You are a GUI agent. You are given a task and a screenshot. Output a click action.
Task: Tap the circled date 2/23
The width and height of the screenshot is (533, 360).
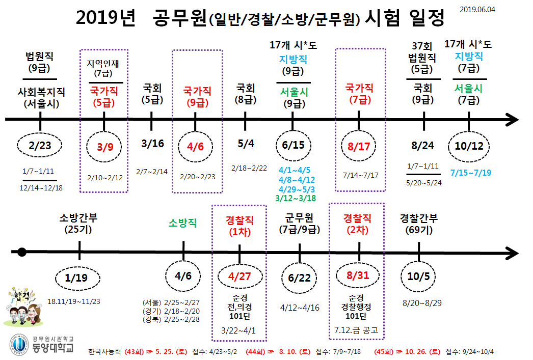point(40,147)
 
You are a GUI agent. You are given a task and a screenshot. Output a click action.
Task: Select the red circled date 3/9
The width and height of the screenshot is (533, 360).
point(105,147)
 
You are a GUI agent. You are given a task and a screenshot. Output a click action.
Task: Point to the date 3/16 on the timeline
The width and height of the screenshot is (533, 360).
point(153,144)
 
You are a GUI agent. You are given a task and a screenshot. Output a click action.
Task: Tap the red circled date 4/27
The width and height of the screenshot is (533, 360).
point(239,277)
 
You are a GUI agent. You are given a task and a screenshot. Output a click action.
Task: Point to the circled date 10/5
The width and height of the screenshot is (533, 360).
point(419,276)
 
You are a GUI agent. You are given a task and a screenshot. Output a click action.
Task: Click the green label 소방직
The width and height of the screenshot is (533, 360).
point(183,223)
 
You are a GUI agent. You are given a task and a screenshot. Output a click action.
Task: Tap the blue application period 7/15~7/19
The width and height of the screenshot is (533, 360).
point(471,173)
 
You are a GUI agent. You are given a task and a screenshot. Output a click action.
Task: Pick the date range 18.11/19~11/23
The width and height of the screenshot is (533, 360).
point(73,301)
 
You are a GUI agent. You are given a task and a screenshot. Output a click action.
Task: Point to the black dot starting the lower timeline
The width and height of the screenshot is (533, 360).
point(21,252)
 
